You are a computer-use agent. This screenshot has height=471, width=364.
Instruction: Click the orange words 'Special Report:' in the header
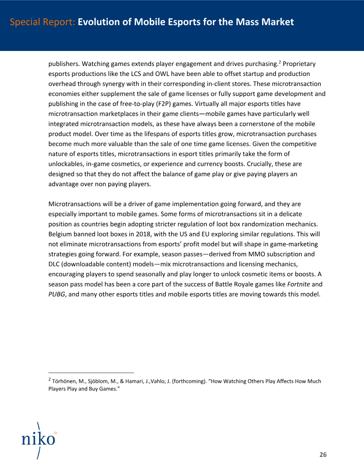coord(42,22)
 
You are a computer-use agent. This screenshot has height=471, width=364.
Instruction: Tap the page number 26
coord(323,455)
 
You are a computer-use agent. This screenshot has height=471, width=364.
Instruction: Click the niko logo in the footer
coord(39,439)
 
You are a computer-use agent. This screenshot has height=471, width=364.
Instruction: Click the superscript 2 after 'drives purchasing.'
coord(281,61)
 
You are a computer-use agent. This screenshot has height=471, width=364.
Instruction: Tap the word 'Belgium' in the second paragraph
coord(61,234)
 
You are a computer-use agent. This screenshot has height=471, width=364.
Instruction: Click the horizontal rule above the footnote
coord(91,372)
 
